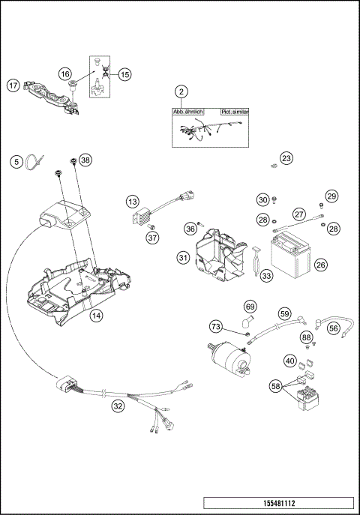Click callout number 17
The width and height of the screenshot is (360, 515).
click(x=13, y=85)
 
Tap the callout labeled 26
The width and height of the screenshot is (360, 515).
click(x=320, y=265)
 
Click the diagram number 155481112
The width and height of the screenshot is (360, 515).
click(x=277, y=505)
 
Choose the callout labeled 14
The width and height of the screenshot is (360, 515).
click(x=96, y=316)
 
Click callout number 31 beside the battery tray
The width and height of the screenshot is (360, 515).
click(x=182, y=257)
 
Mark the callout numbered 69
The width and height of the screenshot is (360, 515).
click(x=250, y=306)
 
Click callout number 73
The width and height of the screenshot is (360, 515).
click(x=216, y=326)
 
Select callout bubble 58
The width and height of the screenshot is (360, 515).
click(x=276, y=386)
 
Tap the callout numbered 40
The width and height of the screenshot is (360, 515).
click(x=289, y=361)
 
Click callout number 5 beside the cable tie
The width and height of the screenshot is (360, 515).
click(x=15, y=161)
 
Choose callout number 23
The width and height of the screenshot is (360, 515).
click(x=286, y=158)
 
